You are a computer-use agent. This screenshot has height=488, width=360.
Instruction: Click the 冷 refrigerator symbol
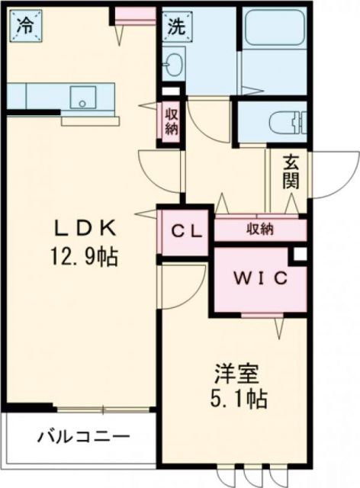point(27,25)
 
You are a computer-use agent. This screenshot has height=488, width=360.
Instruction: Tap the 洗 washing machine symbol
point(177,25)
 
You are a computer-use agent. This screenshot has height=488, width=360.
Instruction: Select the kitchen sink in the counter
point(81,97)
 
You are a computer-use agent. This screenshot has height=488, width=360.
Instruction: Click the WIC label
point(260,278)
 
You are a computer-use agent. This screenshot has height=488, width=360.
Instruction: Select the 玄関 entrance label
point(291,172)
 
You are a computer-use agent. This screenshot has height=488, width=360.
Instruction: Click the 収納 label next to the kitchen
point(170,120)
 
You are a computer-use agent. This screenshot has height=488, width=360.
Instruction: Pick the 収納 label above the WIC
point(260,228)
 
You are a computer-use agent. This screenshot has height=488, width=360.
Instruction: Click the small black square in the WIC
point(300,254)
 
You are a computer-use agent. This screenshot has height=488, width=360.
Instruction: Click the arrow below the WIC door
point(279,327)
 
